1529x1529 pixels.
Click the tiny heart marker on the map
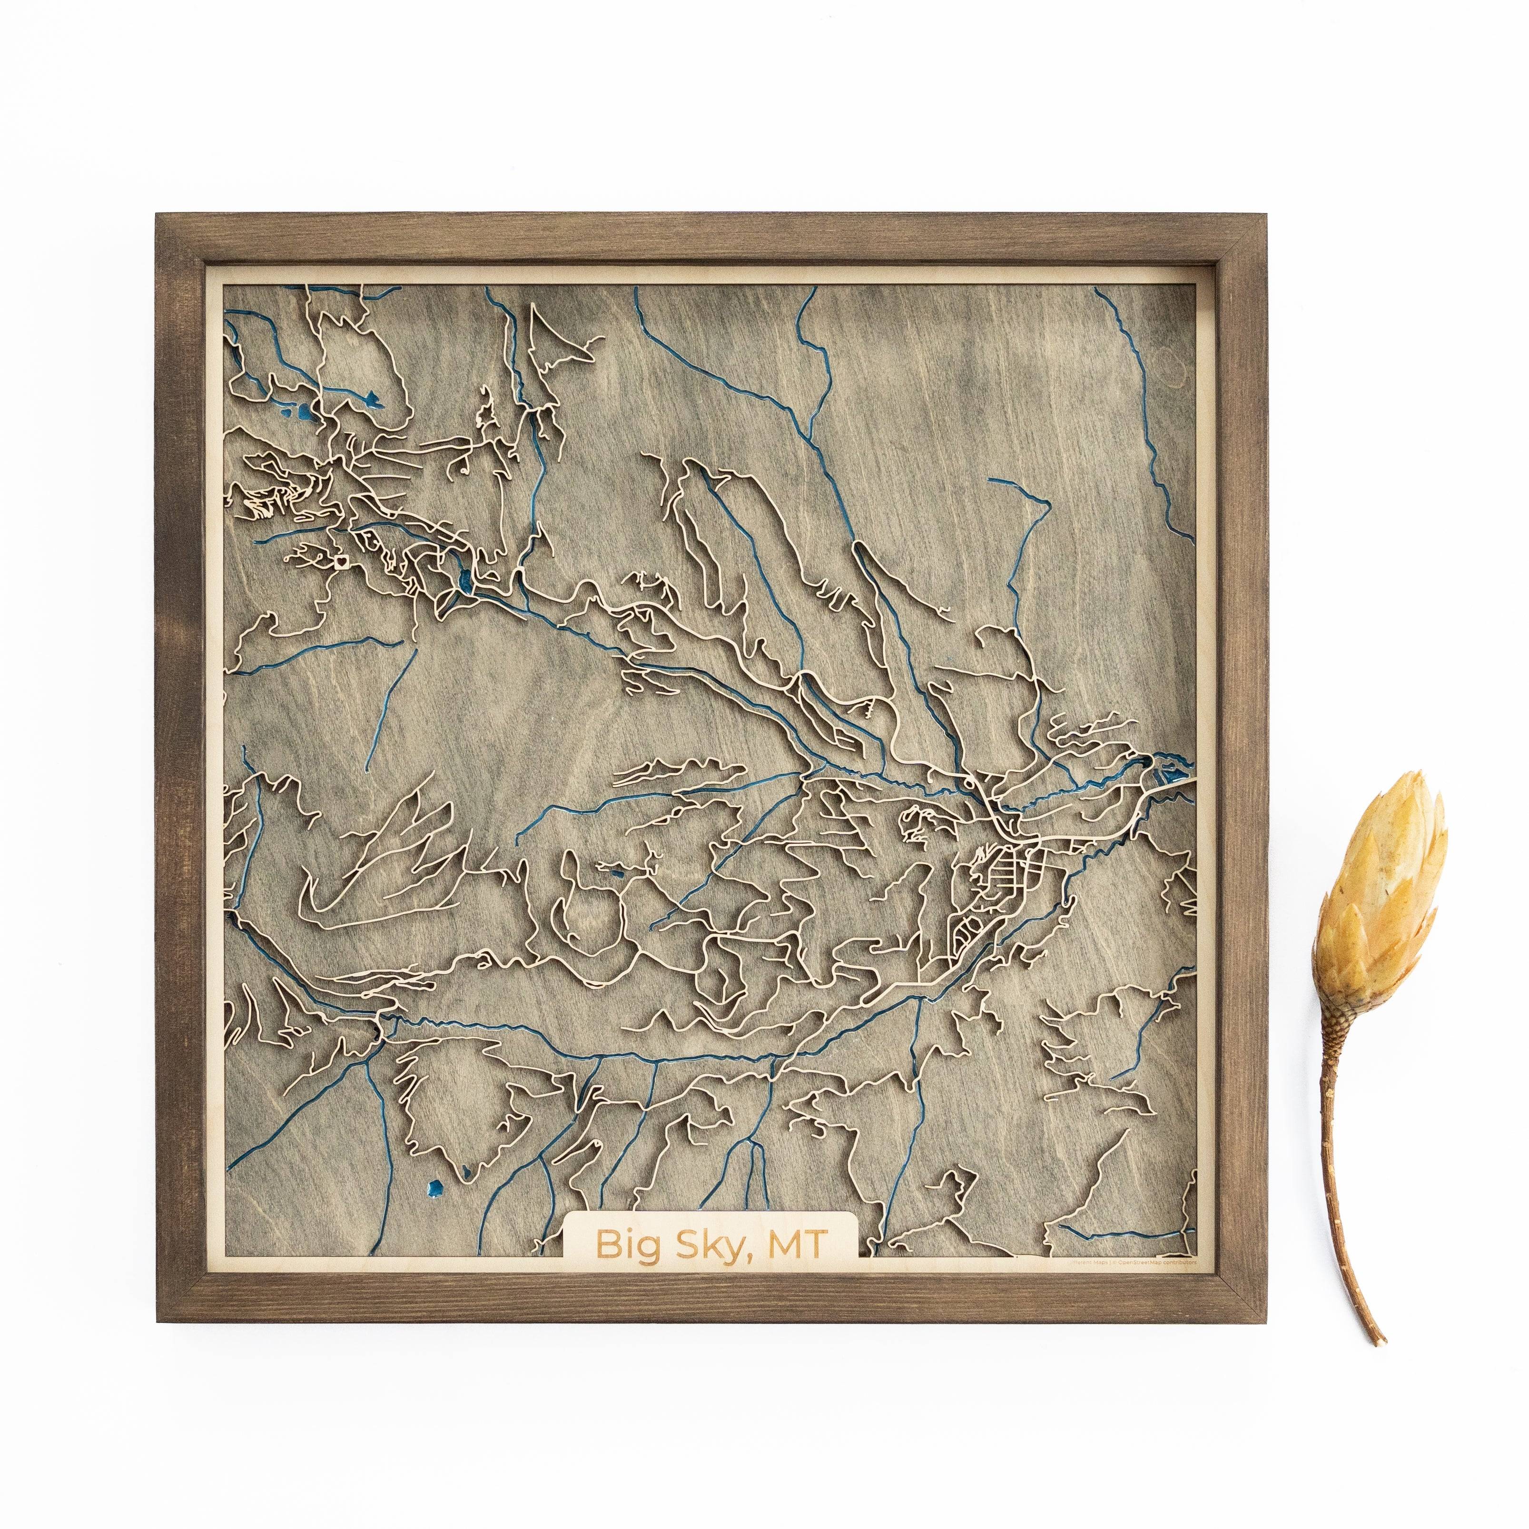click(x=342, y=560)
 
